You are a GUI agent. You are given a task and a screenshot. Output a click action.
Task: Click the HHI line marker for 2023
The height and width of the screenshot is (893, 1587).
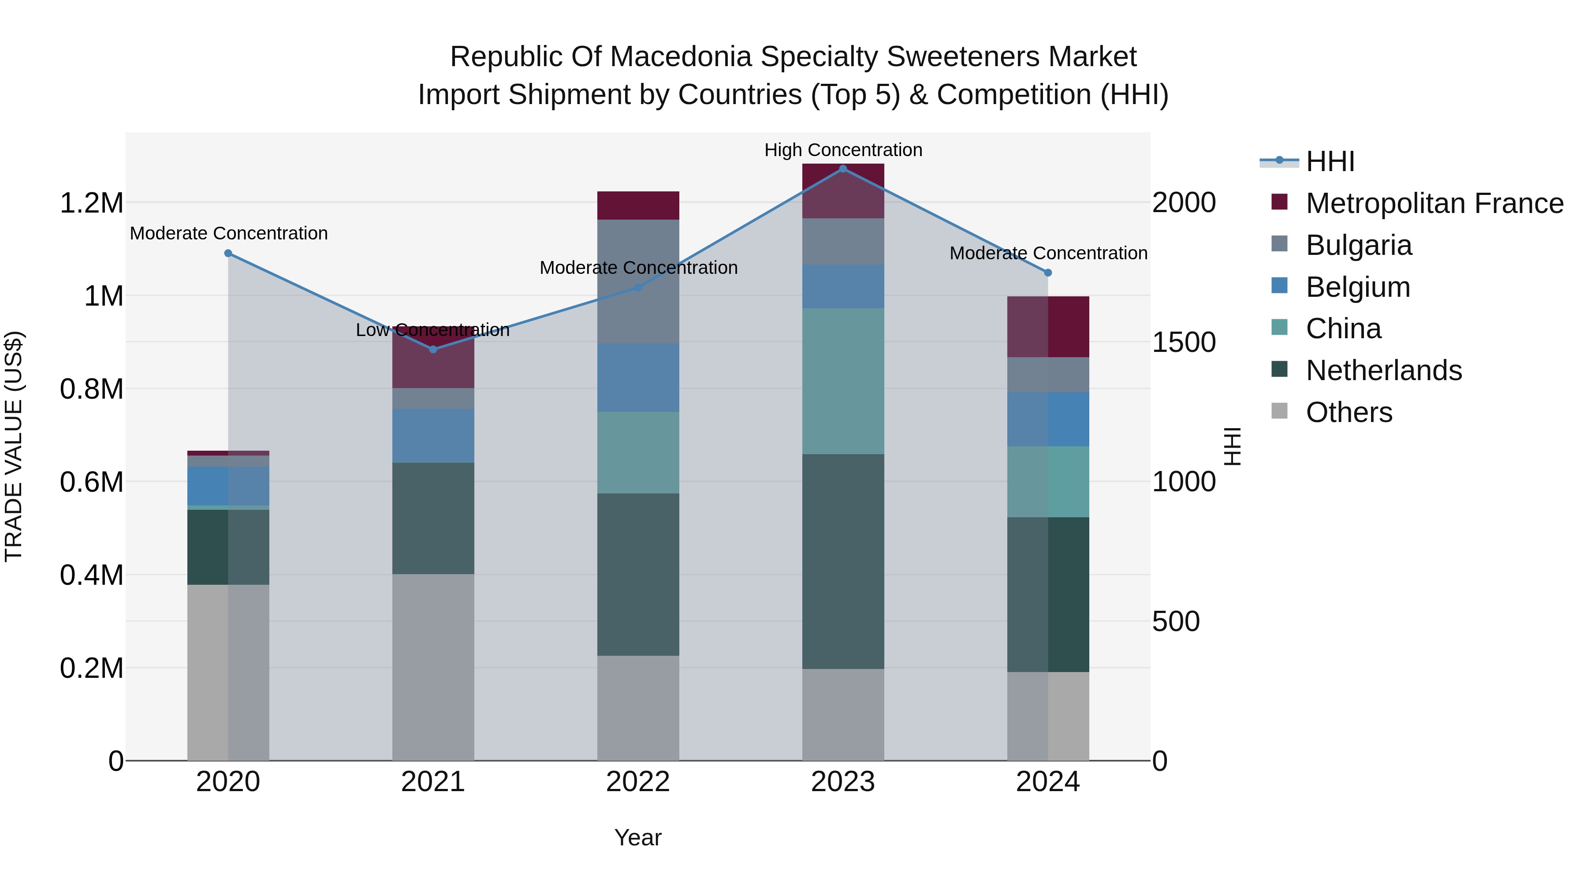843,169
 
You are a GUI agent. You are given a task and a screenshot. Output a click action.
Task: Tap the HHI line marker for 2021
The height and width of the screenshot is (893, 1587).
433,349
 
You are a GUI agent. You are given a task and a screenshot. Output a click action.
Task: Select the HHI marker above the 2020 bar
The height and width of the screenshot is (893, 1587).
228,253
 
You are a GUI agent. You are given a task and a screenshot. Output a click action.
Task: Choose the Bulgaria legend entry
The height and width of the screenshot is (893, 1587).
1359,245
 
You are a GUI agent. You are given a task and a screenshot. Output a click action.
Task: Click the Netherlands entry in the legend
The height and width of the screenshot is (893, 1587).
1383,370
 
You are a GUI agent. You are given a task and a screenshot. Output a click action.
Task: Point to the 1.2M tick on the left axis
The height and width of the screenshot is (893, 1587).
91,203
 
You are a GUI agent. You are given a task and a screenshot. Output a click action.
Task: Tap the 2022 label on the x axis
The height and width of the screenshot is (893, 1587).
637,782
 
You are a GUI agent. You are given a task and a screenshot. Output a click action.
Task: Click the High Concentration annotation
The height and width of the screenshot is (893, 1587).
843,150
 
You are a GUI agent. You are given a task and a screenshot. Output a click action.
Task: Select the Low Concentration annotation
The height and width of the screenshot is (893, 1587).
432,330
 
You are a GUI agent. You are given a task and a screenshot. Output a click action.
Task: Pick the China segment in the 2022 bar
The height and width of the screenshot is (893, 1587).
637,452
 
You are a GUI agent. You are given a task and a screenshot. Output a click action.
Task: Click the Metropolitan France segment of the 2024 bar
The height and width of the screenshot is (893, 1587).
1047,327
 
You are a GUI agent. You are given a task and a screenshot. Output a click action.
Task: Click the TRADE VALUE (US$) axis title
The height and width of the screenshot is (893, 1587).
14,446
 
